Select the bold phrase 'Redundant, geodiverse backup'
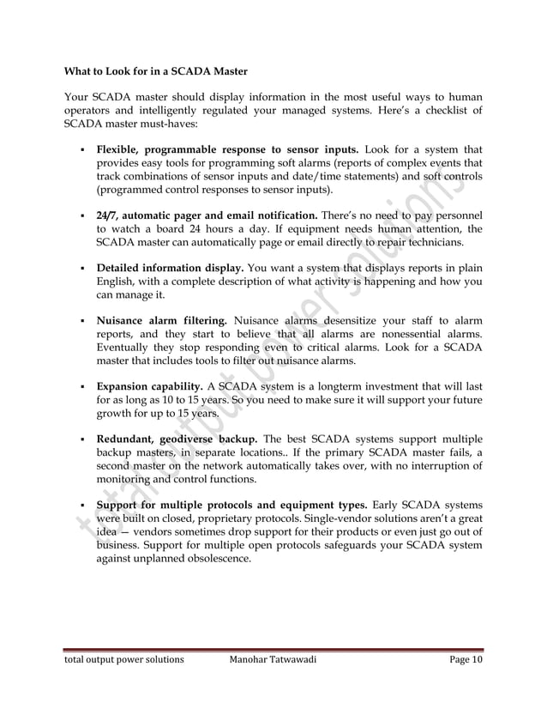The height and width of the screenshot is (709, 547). tap(174, 439)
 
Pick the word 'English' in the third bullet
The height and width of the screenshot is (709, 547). tap(119, 281)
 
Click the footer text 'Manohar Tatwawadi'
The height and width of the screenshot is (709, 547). tap(284, 660)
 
